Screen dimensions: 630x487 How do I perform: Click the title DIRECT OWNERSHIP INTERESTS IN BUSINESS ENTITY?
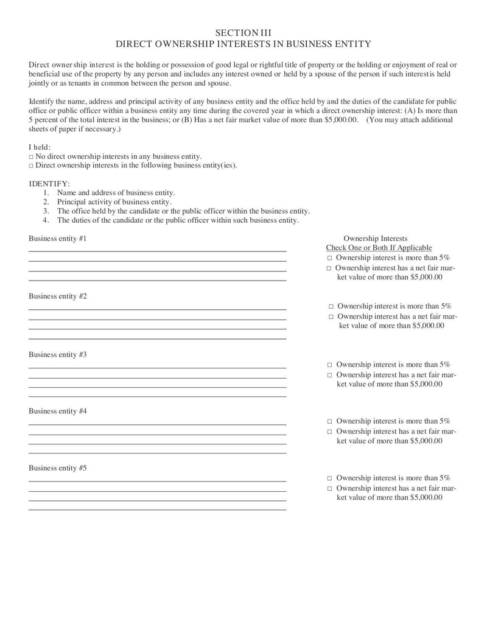coord(243,44)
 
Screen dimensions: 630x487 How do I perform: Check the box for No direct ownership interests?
coord(31,156)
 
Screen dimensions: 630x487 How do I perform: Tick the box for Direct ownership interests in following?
coord(31,165)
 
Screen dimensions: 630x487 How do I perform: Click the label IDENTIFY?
coord(49,183)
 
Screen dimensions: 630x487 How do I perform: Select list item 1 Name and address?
coord(116,192)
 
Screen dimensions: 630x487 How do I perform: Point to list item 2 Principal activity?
coord(114,201)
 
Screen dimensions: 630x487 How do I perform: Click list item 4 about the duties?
coord(177,220)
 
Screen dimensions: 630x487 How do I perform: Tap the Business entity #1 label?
coord(58,239)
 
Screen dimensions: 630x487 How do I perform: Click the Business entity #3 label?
coord(58,354)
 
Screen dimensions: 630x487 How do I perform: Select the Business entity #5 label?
coord(58,468)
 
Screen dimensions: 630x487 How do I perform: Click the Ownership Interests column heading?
coord(375,239)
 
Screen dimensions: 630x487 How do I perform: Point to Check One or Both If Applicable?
coord(379,248)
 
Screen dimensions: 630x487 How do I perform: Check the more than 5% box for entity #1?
coord(329,258)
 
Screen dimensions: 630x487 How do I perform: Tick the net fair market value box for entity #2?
coord(331,317)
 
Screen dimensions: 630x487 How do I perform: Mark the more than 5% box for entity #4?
coord(330,421)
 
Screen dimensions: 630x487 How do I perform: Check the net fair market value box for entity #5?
coord(330,488)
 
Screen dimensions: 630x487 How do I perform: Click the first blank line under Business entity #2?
coord(157,309)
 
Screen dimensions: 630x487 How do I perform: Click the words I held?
coord(40,147)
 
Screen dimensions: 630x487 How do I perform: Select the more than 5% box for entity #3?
coord(330,365)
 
